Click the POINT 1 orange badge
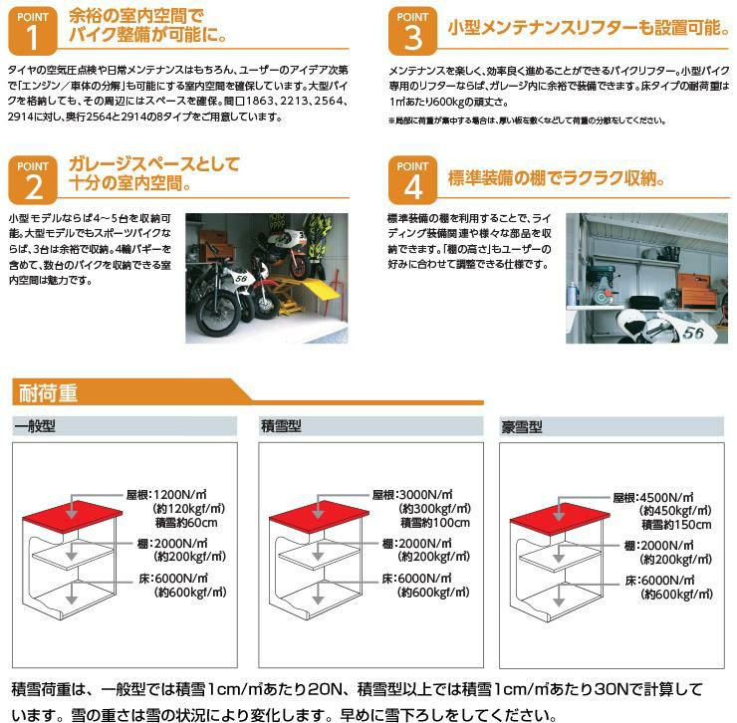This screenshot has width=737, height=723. click(33, 31)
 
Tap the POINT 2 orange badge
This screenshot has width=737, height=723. click(33, 179)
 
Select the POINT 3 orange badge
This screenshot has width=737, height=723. click(412, 31)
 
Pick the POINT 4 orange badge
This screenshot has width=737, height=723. click(412, 179)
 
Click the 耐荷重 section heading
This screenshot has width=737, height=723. click(48, 393)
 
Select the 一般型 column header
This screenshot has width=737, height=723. click(35, 426)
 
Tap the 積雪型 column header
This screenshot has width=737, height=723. click(281, 426)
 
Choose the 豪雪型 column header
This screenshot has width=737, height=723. click(522, 427)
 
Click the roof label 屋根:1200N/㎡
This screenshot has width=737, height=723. click(166, 494)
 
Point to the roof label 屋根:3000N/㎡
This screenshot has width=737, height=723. click(412, 494)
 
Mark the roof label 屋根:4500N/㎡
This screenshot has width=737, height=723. click(653, 497)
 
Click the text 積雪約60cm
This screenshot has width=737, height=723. click(186, 522)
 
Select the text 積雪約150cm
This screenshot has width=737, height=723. click(676, 525)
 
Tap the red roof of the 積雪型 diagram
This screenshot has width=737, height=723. click(319, 517)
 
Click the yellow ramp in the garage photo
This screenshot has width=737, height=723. click(319, 289)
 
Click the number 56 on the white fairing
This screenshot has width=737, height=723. click(693, 333)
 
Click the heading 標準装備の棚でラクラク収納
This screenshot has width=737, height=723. click(556, 178)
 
